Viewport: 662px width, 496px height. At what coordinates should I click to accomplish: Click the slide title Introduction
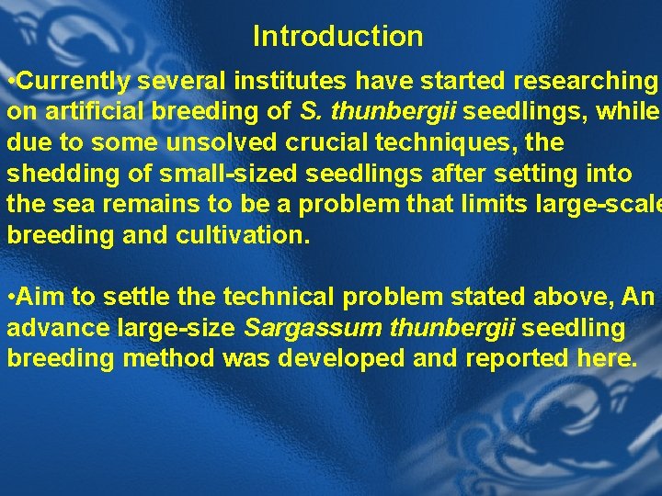337,37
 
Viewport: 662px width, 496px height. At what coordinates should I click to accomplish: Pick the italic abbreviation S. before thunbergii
309,113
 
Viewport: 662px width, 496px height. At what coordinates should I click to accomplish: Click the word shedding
54,175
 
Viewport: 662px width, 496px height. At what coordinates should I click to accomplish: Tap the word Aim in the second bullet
38,298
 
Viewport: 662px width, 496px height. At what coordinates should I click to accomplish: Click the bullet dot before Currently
10,82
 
